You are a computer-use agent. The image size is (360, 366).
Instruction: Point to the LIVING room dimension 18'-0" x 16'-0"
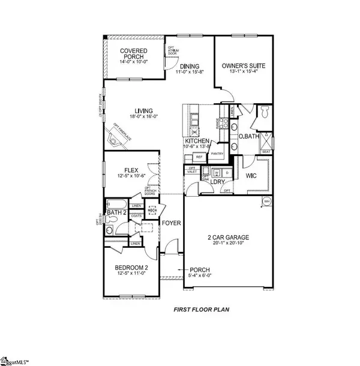click(x=143, y=118)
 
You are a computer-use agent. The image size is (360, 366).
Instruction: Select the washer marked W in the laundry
click(x=216, y=173)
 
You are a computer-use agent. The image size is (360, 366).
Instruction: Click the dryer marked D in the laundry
click(x=227, y=173)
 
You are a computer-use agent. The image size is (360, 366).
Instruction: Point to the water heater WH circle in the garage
click(x=265, y=202)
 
